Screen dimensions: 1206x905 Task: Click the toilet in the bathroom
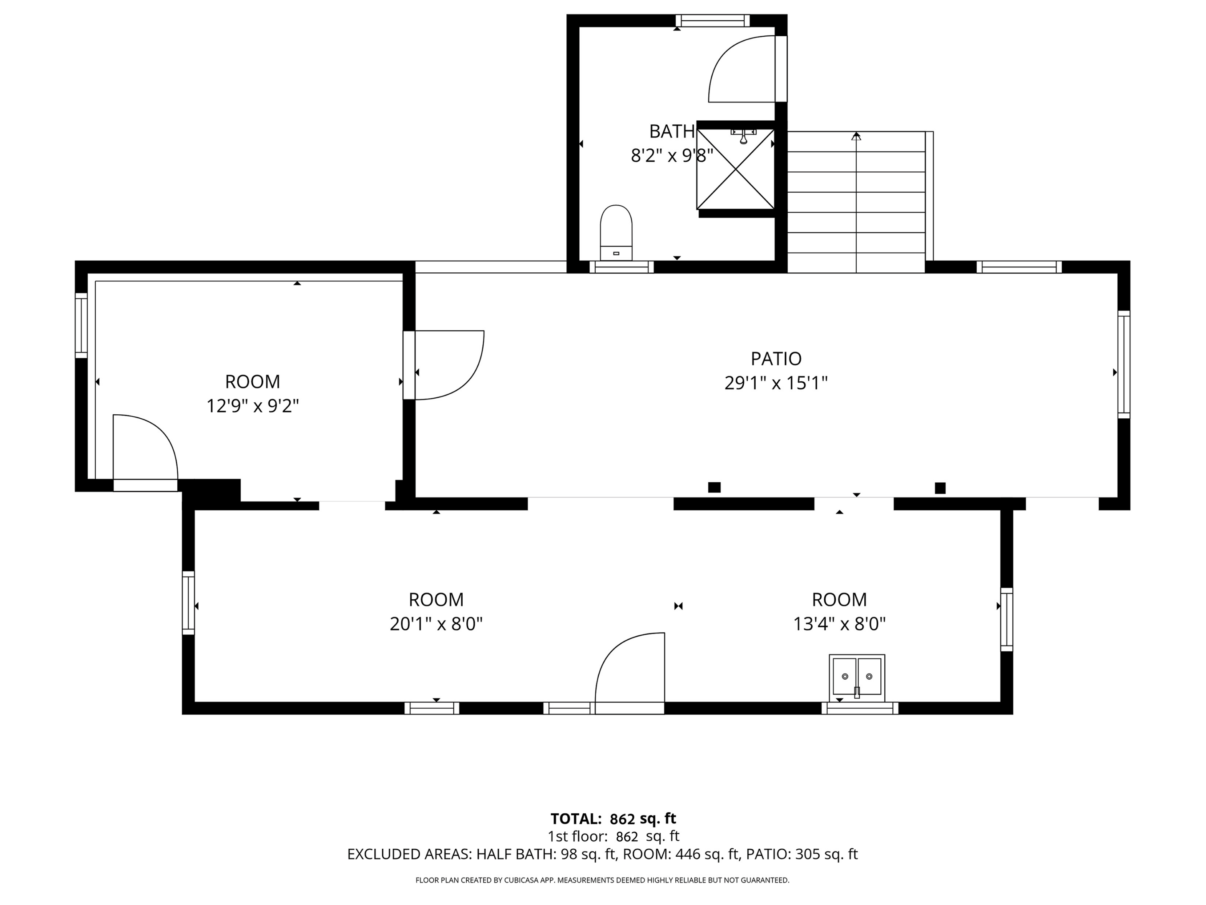[x=616, y=233]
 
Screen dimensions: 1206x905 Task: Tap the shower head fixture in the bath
[x=743, y=136]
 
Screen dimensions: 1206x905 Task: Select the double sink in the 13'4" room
[x=857, y=678]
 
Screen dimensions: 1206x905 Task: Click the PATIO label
[x=776, y=358]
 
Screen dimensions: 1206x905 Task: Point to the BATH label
[x=672, y=132]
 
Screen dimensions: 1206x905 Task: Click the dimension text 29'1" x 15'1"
[x=776, y=383]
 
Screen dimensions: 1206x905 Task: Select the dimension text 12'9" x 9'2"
[x=252, y=406]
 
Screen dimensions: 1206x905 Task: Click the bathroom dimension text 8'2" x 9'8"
[x=672, y=156]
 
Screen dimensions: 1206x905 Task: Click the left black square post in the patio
[x=714, y=487]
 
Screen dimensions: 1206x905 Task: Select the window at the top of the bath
[x=713, y=21]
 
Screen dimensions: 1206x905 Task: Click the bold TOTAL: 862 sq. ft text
[x=613, y=819]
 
